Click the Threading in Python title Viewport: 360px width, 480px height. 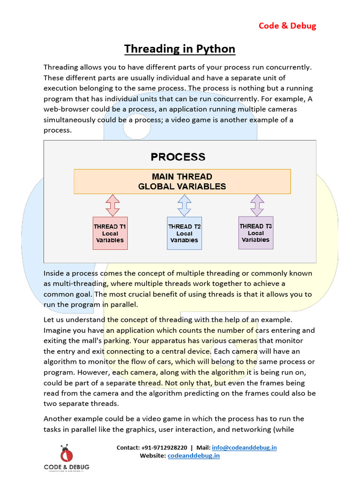[x=180, y=49]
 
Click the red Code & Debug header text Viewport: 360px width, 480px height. [x=287, y=25]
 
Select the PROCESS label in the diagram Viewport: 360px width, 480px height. [x=178, y=157]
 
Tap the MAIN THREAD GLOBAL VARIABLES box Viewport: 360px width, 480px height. [x=182, y=181]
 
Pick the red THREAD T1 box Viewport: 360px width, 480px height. [x=110, y=233]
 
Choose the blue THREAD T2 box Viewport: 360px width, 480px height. [x=184, y=233]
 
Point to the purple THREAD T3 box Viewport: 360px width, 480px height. [x=256, y=232]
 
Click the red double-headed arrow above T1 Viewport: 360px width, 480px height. [x=113, y=205]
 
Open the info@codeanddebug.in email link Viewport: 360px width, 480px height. [x=244, y=448]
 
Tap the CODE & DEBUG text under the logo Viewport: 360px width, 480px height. [x=67, y=466]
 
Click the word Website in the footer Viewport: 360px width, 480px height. [x=152, y=456]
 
